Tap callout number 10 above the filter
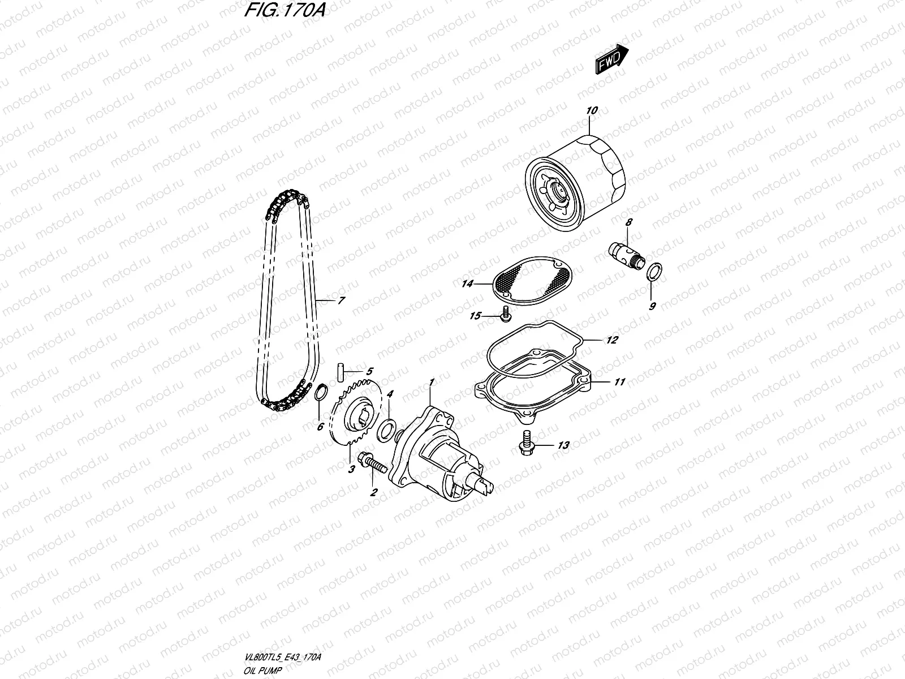[592, 111]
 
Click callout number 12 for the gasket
[611, 341]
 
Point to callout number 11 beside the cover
[619, 383]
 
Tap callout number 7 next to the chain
[341, 301]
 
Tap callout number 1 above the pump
[432, 383]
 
